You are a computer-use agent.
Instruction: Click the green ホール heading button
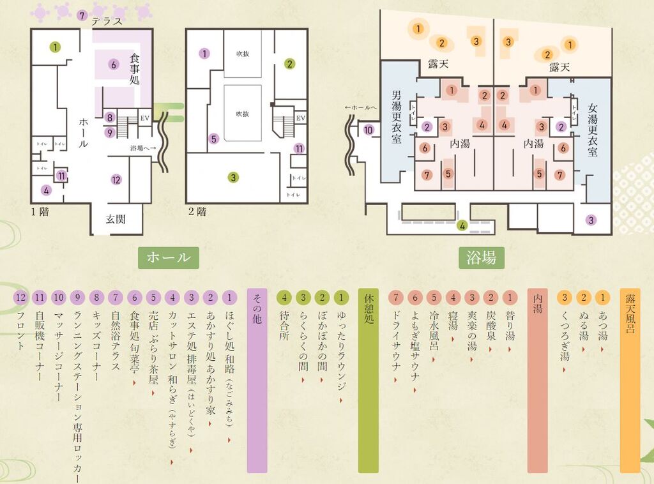pos(169,257)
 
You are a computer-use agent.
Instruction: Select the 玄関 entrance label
pos(116,219)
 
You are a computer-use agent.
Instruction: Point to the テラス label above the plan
pos(105,20)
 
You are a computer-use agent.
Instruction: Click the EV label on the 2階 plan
pos(300,118)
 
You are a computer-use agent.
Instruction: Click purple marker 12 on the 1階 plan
pos(116,179)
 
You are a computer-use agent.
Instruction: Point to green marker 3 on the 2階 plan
pos(234,177)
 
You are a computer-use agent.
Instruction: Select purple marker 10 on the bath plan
pos(369,130)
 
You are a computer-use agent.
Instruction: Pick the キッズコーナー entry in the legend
pos(97,345)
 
